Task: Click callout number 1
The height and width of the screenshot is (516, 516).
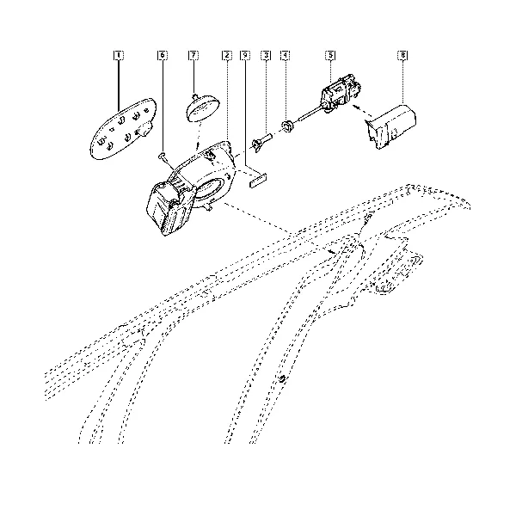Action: (x=119, y=55)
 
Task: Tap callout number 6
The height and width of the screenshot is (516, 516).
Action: (x=163, y=55)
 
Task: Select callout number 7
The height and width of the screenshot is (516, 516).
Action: (x=193, y=55)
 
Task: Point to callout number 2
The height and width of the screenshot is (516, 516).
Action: (x=227, y=55)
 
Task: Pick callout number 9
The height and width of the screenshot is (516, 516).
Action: (x=245, y=55)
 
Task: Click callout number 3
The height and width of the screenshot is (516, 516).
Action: (x=266, y=55)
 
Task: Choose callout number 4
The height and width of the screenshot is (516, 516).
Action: (x=285, y=55)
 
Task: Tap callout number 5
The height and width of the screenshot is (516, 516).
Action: (x=330, y=55)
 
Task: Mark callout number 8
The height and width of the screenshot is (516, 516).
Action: (x=402, y=55)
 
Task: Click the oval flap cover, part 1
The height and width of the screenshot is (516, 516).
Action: (x=122, y=129)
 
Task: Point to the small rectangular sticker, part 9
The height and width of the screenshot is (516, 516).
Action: (x=258, y=181)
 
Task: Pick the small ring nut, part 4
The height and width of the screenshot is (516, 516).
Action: (x=288, y=126)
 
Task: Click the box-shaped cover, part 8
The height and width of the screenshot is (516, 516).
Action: (x=391, y=126)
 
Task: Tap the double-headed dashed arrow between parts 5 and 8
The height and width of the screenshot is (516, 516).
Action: (x=362, y=111)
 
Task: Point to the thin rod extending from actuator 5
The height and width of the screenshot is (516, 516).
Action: (x=310, y=114)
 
